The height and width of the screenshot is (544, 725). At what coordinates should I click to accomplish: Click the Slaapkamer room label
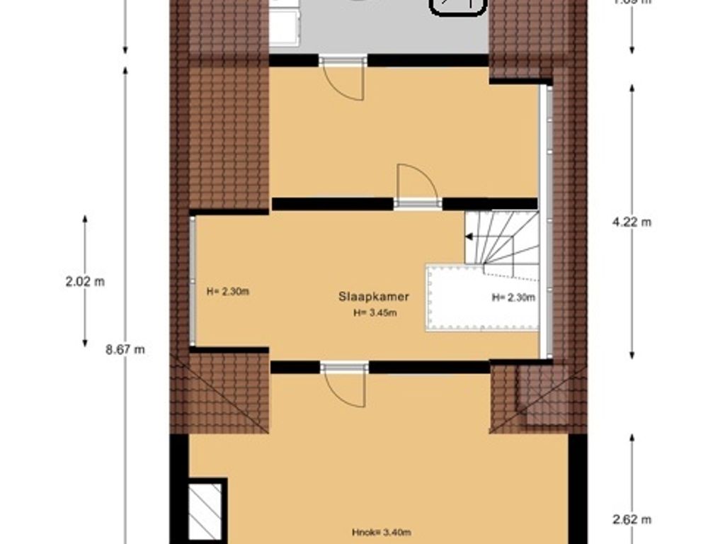pyautogui.click(x=373, y=297)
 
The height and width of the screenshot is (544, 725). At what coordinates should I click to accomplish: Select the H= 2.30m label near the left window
pyautogui.click(x=228, y=290)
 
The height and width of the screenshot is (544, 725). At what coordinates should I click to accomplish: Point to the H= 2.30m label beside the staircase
pyautogui.click(x=513, y=297)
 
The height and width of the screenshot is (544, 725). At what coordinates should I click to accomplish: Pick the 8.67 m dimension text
pyautogui.click(x=125, y=349)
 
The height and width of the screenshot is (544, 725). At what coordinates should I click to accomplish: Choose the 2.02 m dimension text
pyautogui.click(x=85, y=281)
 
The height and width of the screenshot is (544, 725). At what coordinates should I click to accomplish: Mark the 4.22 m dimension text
pyautogui.click(x=632, y=222)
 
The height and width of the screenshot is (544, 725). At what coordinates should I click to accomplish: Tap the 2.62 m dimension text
pyautogui.click(x=632, y=519)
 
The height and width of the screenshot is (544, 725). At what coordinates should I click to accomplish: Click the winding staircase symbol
pyautogui.click(x=503, y=241)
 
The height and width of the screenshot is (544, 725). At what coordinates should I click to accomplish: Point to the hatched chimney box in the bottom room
pyautogui.click(x=205, y=511)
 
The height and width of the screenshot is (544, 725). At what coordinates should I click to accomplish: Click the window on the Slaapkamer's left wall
pyautogui.click(x=192, y=281)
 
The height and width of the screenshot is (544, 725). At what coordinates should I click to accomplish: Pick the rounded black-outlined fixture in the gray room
pyautogui.click(x=459, y=6)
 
